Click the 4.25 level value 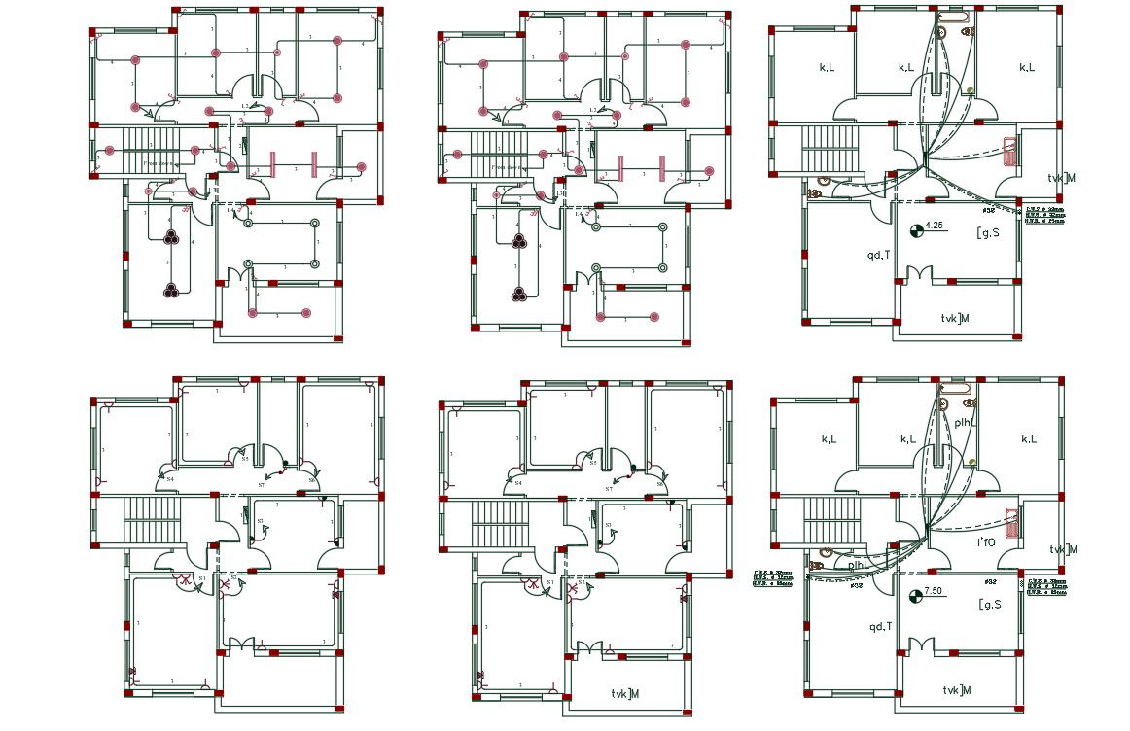(936, 226)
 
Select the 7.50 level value (936, 591)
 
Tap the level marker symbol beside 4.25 (916, 230)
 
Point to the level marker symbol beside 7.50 (915, 595)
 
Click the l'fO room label (985, 541)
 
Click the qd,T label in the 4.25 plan (879, 255)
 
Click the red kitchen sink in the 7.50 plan (1012, 523)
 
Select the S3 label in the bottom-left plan (260, 522)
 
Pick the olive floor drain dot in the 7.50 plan (971, 462)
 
